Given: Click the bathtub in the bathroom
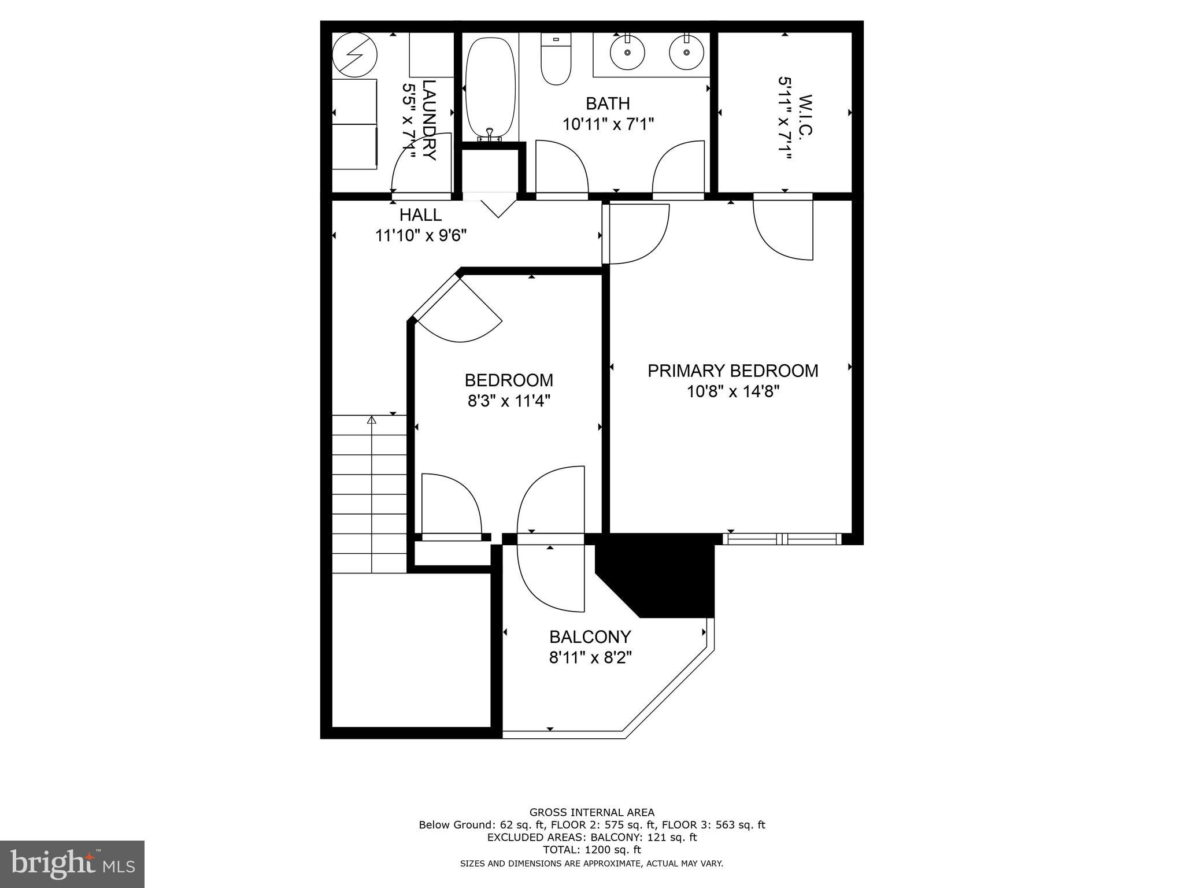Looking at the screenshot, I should point(490,87).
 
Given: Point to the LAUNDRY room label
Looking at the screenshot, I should point(429,120).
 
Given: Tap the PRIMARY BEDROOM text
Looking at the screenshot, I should point(732,371).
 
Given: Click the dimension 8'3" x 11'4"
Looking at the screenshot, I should point(509,401).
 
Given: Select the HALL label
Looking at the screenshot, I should point(420,215).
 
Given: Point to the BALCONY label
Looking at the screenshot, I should point(590,637).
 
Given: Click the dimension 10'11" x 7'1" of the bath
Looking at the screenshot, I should point(608,124).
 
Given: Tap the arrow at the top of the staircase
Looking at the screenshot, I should point(372,420).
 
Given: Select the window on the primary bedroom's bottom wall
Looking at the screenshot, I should point(782,539).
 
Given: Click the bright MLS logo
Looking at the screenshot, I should point(72,864).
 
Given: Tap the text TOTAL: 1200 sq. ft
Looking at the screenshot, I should point(591,850).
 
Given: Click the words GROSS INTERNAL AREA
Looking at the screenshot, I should point(591,812).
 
